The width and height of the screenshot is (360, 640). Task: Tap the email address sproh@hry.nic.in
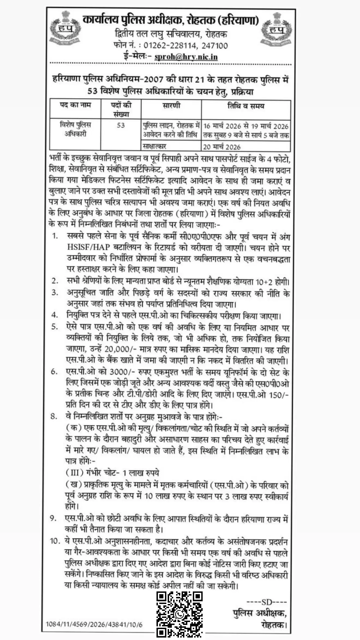[186, 57]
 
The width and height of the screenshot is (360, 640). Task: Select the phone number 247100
[214, 46]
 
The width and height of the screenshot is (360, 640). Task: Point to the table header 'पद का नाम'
[75, 105]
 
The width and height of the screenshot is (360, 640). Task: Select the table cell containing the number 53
[121, 125]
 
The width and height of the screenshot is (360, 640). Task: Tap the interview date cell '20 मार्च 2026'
[222, 147]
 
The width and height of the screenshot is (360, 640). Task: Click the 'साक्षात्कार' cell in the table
[154, 146]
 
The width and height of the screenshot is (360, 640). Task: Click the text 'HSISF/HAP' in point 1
[89, 247]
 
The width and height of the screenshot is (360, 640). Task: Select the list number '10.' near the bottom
[55, 541]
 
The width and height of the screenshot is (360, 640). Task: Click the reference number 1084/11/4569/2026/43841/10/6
[94, 622]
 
